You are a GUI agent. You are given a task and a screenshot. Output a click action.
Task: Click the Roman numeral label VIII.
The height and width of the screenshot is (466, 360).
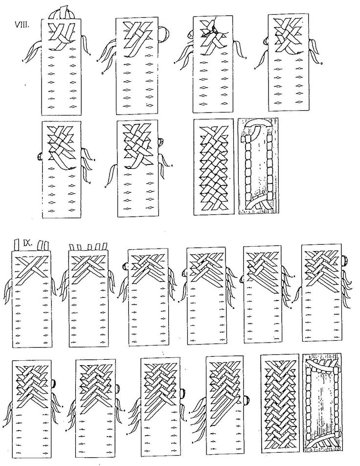click(x=22, y=24)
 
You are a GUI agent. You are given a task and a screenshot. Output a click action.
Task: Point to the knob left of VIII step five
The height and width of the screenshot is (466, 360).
click(x=40, y=156)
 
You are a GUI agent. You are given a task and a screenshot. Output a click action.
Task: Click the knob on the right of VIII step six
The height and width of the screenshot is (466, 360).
click(x=161, y=142)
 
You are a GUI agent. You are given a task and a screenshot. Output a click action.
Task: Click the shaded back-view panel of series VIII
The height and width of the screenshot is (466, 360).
click(x=258, y=166)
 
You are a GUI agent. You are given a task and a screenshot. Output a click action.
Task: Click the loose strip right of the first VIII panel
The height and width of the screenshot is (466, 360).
click(x=86, y=45)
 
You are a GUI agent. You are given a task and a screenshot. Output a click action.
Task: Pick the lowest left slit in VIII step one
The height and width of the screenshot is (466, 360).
click(x=51, y=107)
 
